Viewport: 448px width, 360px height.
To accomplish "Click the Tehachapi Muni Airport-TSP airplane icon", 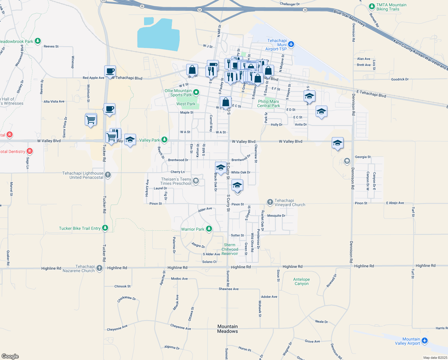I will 291,45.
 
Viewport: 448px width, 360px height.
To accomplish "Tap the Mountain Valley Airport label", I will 408,341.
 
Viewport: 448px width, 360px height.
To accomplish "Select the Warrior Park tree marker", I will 209,229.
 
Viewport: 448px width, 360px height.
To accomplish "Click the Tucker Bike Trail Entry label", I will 80,228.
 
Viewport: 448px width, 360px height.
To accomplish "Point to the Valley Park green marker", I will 164,140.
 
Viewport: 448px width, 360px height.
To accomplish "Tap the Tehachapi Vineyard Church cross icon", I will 270,202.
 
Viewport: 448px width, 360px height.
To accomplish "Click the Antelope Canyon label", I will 301,281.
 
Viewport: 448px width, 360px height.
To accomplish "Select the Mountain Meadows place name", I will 228,329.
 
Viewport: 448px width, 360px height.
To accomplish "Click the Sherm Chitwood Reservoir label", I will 230,249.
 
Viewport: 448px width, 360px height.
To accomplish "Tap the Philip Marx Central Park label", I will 269,103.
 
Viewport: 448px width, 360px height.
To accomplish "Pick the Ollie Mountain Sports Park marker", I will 196,92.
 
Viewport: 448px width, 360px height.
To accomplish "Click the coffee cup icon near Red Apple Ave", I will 110,71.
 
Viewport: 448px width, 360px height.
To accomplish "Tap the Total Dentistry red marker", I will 29,151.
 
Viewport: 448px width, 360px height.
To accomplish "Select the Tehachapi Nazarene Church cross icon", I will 99,268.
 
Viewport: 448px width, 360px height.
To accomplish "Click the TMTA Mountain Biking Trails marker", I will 372,6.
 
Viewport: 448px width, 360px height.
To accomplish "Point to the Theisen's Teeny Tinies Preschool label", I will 176,181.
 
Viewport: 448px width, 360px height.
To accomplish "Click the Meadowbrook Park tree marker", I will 37,41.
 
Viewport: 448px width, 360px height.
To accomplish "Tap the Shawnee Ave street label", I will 228,289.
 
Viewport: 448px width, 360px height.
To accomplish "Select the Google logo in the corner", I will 10,356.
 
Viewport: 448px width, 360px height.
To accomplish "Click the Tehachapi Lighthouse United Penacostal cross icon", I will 108,175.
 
